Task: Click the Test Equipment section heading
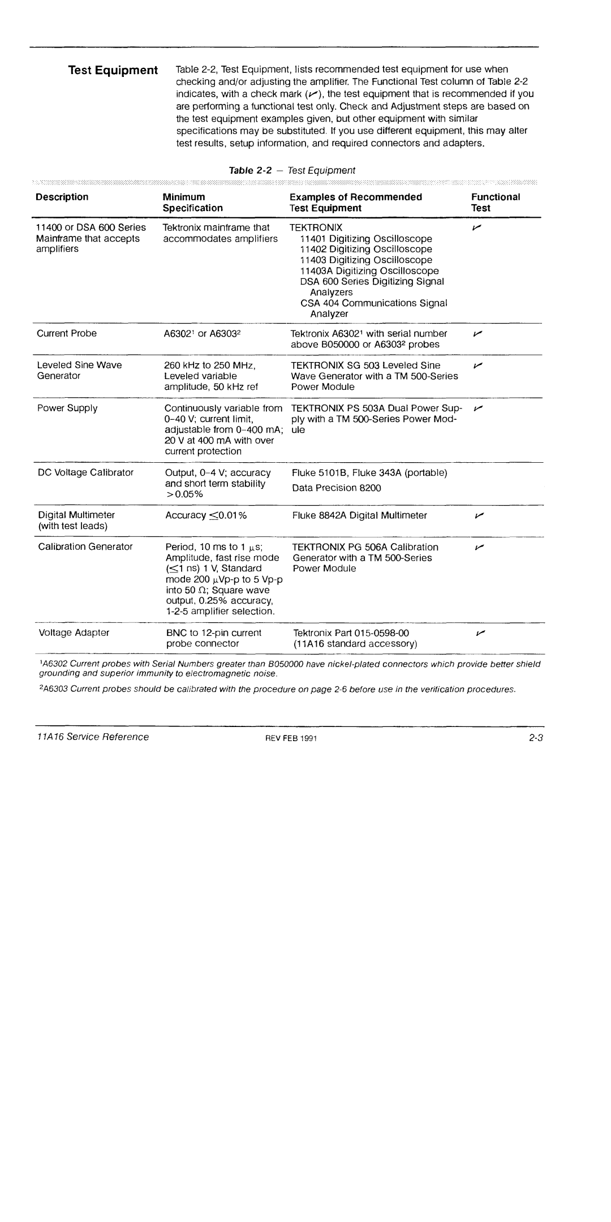tap(113, 70)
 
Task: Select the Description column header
tap(62, 197)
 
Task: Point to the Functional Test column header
tap(495, 203)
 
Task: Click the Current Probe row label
tap(66, 334)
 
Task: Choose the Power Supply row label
tap(67, 408)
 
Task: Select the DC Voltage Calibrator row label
tap(85, 472)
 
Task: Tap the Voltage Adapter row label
tap(73, 632)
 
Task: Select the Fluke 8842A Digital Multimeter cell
tap(359, 515)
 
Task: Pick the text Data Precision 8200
tap(336, 488)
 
